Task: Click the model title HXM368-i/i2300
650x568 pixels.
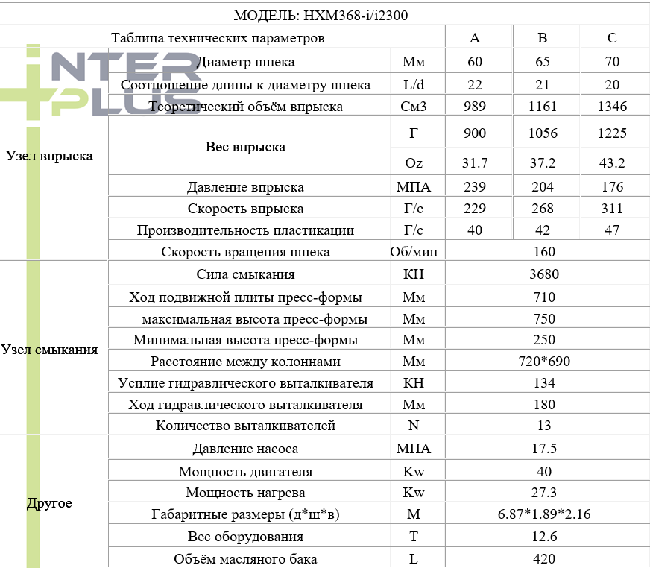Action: (321, 15)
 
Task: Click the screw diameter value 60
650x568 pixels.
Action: (476, 63)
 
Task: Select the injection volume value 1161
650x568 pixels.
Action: (543, 107)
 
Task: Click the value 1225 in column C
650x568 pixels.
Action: (612, 133)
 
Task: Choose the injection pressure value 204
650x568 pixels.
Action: (543, 188)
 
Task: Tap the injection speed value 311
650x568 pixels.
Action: (612, 209)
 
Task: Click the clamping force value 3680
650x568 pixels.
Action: (544, 274)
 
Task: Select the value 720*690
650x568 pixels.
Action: (544, 362)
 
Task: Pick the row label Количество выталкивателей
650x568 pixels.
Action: (245, 426)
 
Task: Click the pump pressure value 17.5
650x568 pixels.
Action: (544, 449)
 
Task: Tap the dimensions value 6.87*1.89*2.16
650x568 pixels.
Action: (544, 514)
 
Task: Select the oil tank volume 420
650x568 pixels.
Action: (544, 559)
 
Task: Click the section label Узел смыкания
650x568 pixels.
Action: (49, 350)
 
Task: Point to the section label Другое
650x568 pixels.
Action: (49, 503)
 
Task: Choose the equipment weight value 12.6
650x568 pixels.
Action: (544, 537)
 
